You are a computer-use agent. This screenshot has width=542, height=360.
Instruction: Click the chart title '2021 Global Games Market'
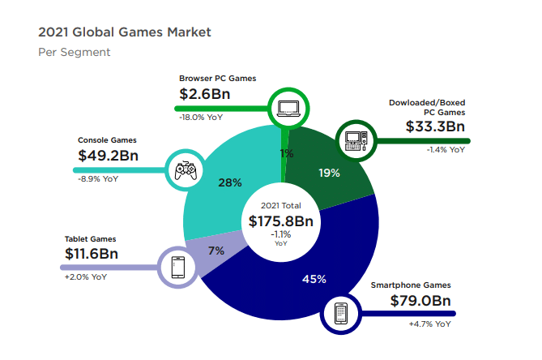click(x=125, y=32)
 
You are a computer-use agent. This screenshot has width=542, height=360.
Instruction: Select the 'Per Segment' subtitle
click(x=74, y=53)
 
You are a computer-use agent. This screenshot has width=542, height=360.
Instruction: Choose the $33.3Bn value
click(x=435, y=126)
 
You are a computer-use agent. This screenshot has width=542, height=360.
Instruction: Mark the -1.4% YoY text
click(x=446, y=149)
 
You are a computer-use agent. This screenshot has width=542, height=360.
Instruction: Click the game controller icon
click(x=186, y=169)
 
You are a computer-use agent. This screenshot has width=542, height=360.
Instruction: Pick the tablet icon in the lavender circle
click(x=178, y=266)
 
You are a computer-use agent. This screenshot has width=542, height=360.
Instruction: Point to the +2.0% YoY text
click(x=86, y=276)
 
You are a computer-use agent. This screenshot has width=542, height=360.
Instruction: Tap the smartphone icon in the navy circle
click(x=341, y=311)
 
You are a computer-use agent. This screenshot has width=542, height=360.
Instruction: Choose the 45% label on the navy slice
click(x=314, y=280)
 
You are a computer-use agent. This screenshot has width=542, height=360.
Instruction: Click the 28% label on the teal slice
click(x=230, y=183)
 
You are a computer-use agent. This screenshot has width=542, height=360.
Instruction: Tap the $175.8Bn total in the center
click(x=280, y=221)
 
